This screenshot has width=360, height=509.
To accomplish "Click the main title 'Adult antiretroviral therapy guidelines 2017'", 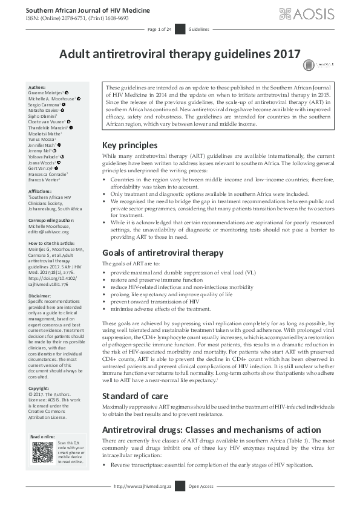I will click(180, 53).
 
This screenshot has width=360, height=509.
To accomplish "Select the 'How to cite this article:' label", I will click(53, 243).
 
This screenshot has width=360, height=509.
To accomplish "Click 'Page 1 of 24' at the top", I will click(160, 29).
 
